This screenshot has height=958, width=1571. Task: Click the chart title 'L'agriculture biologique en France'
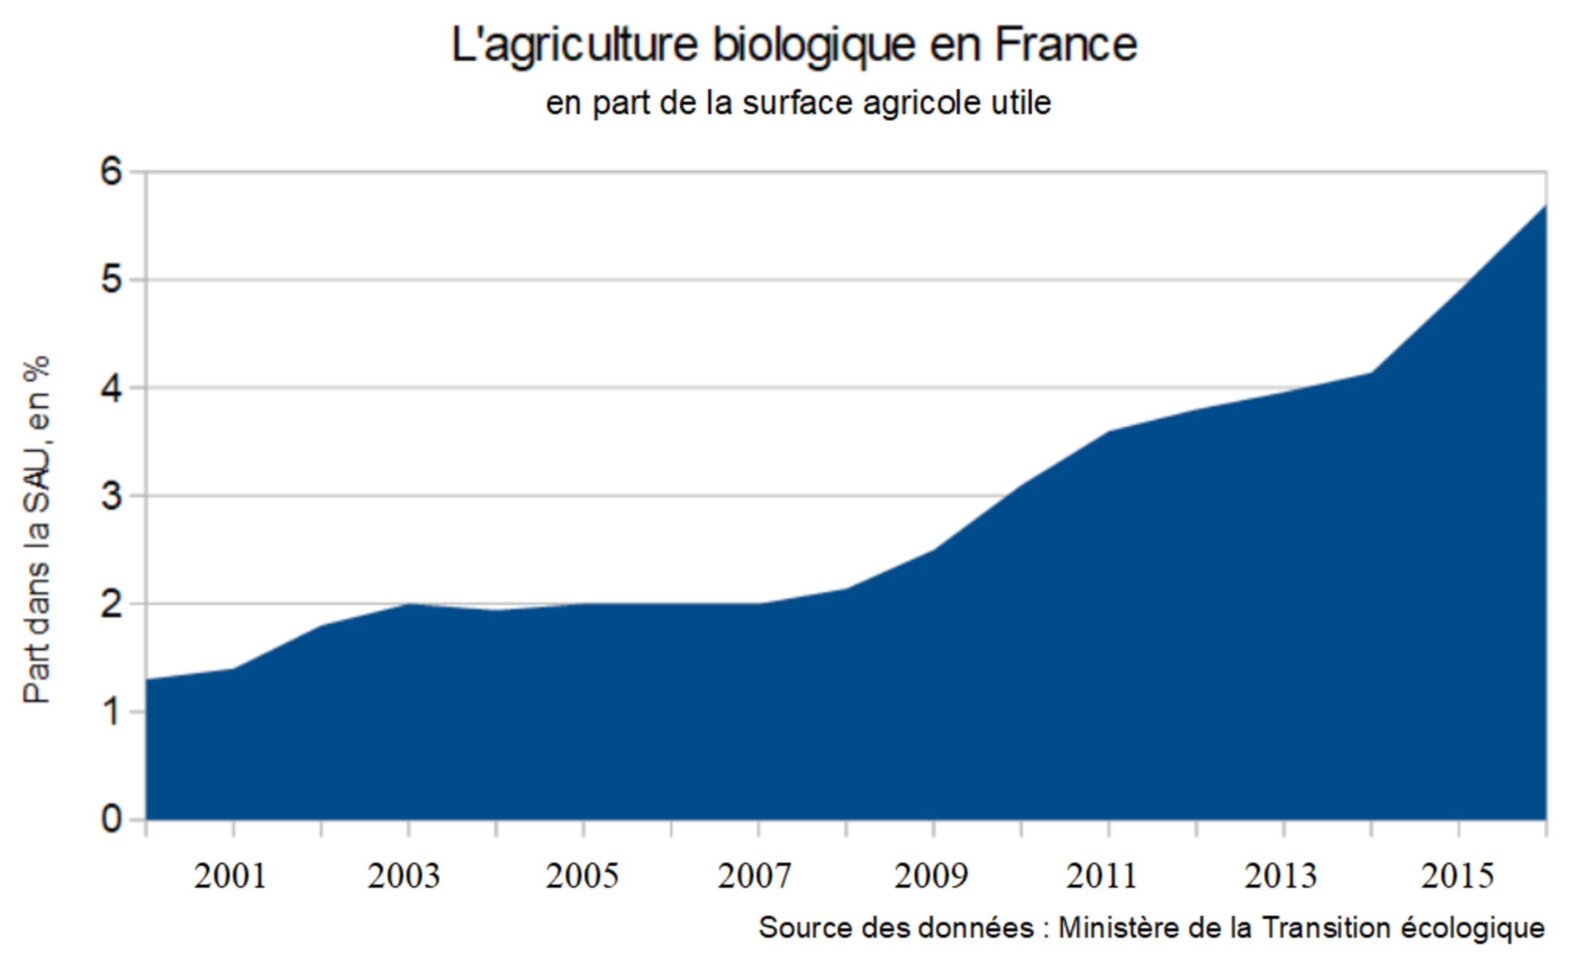793,44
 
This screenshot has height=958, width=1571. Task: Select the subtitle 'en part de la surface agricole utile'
798,103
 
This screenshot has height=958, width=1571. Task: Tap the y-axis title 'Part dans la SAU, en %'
37,529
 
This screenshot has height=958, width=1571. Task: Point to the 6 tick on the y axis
112,171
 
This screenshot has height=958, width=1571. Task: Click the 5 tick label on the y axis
112,279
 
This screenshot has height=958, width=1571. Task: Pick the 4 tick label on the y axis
112,388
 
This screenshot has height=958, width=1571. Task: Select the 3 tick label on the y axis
112,495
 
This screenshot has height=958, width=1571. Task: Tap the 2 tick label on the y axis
112,604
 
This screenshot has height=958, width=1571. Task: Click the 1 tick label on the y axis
112,712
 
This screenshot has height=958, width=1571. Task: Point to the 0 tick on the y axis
112,820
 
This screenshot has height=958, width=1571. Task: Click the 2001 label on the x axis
230,876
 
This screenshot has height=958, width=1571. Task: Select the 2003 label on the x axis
404,876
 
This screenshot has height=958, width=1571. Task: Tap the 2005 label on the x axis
582,876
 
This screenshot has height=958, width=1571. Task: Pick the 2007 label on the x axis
755,876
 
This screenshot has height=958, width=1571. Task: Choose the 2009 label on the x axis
931,876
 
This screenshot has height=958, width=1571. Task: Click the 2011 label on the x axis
1102,876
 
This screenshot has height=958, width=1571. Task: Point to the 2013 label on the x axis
1280,876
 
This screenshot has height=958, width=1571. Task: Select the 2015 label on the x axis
1457,876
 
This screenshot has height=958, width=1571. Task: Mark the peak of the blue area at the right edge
1545,206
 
